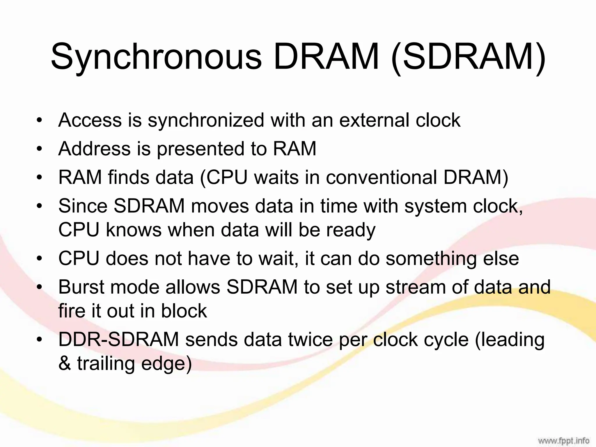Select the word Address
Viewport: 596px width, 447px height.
coord(94,148)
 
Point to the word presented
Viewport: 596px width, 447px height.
coord(200,149)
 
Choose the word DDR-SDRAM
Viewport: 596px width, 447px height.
coord(118,340)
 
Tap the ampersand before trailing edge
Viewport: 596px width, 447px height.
coord(65,364)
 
